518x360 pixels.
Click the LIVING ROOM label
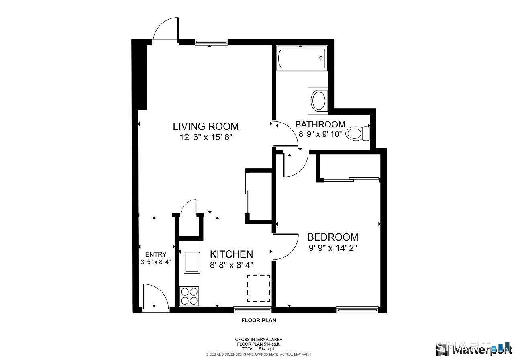tap(206, 126)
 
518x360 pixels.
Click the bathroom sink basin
tap(320, 100)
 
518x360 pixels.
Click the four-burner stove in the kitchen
tap(189, 296)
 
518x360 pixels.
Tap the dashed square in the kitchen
tap(258, 288)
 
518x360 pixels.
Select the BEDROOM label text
tap(332, 237)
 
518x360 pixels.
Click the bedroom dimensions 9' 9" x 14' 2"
tap(332, 248)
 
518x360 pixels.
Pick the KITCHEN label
tap(232, 254)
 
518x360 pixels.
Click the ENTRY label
tap(156, 254)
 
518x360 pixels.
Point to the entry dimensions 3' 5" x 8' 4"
tap(156, 262)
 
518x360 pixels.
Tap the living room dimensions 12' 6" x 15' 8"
tap(206, 137)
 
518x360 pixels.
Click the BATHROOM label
tap(320, 124)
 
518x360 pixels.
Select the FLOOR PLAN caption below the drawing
tap(259, 321)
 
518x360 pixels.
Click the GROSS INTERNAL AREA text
tap(259, 340)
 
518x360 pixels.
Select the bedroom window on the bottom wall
tap(357, 309)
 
